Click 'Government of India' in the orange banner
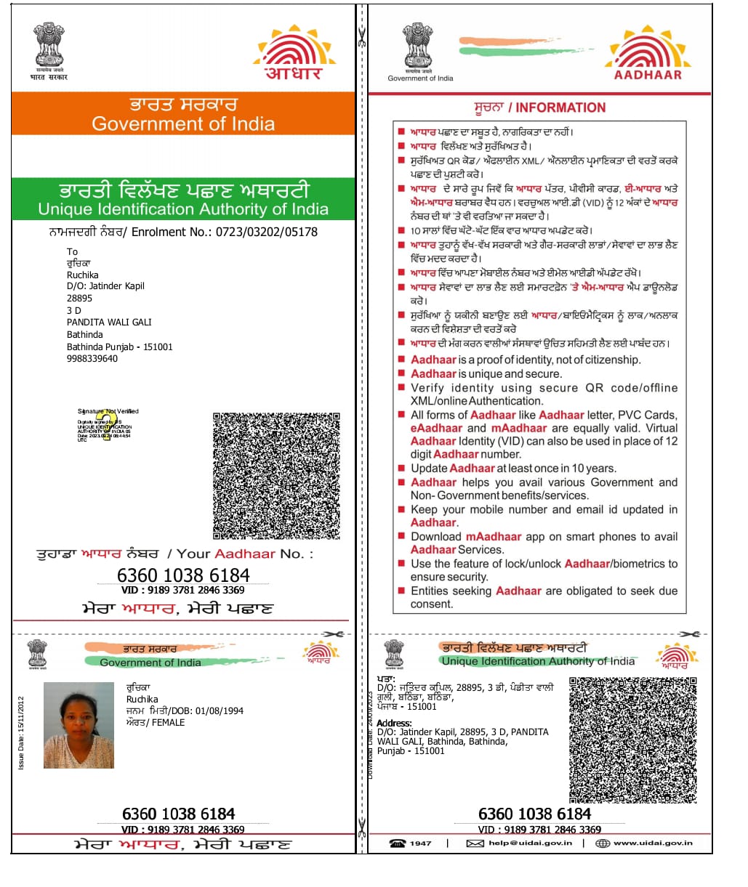183,124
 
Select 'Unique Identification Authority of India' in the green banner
183,209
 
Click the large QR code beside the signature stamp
276,476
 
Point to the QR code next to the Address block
632,740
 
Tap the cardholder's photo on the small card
79,725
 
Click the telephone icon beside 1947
398,843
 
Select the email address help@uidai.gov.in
531,843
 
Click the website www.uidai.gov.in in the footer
653,843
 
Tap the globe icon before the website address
602,843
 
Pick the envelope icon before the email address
475,843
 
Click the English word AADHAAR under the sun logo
648,75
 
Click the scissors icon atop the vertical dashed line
361,36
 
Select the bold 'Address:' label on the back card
395,723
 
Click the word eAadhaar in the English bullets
436,428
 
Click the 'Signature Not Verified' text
108,411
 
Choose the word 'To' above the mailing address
72,251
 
